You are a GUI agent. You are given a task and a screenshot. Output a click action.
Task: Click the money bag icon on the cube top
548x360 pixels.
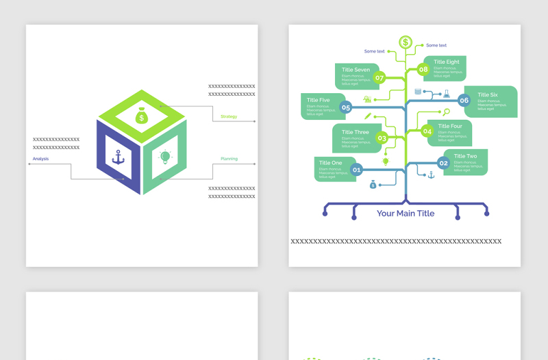[142, 116]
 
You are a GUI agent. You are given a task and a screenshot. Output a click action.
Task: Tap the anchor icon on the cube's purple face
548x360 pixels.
[119, 157]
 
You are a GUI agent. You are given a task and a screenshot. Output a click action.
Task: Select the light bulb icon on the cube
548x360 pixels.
[165, 157]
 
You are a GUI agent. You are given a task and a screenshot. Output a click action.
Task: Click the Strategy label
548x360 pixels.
[229, 116]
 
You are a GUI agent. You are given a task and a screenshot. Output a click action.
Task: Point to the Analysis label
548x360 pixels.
[40, 159]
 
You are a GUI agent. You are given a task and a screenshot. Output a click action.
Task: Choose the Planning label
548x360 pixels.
[229, 159]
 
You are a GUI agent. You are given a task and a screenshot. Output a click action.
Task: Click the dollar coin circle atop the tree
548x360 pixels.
[406, 42]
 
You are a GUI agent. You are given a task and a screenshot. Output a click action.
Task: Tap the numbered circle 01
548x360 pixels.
[356, 169]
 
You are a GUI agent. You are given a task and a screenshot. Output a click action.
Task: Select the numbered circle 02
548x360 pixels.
[443, 163]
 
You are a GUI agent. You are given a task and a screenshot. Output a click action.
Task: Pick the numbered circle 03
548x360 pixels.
[382, 138]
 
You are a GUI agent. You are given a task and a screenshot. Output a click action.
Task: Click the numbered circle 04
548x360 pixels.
[427, 131]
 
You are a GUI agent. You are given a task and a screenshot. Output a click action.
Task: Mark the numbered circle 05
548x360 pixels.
[346, 107]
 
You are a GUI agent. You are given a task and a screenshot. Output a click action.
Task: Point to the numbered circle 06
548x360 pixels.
[464, 101]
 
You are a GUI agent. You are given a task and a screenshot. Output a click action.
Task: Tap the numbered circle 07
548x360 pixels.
[379, 77]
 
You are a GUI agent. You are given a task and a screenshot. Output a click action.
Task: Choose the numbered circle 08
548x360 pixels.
[423, 69]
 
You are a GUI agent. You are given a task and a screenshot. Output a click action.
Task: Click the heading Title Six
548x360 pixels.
[488, 95]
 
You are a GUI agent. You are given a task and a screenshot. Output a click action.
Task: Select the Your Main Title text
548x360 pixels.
[406, 214]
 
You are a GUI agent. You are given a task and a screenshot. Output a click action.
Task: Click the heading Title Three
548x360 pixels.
[356, 132]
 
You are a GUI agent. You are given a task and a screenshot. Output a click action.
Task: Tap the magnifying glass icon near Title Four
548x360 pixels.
[447, 112]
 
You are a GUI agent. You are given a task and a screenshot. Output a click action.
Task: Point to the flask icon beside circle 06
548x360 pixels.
[446, 93]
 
